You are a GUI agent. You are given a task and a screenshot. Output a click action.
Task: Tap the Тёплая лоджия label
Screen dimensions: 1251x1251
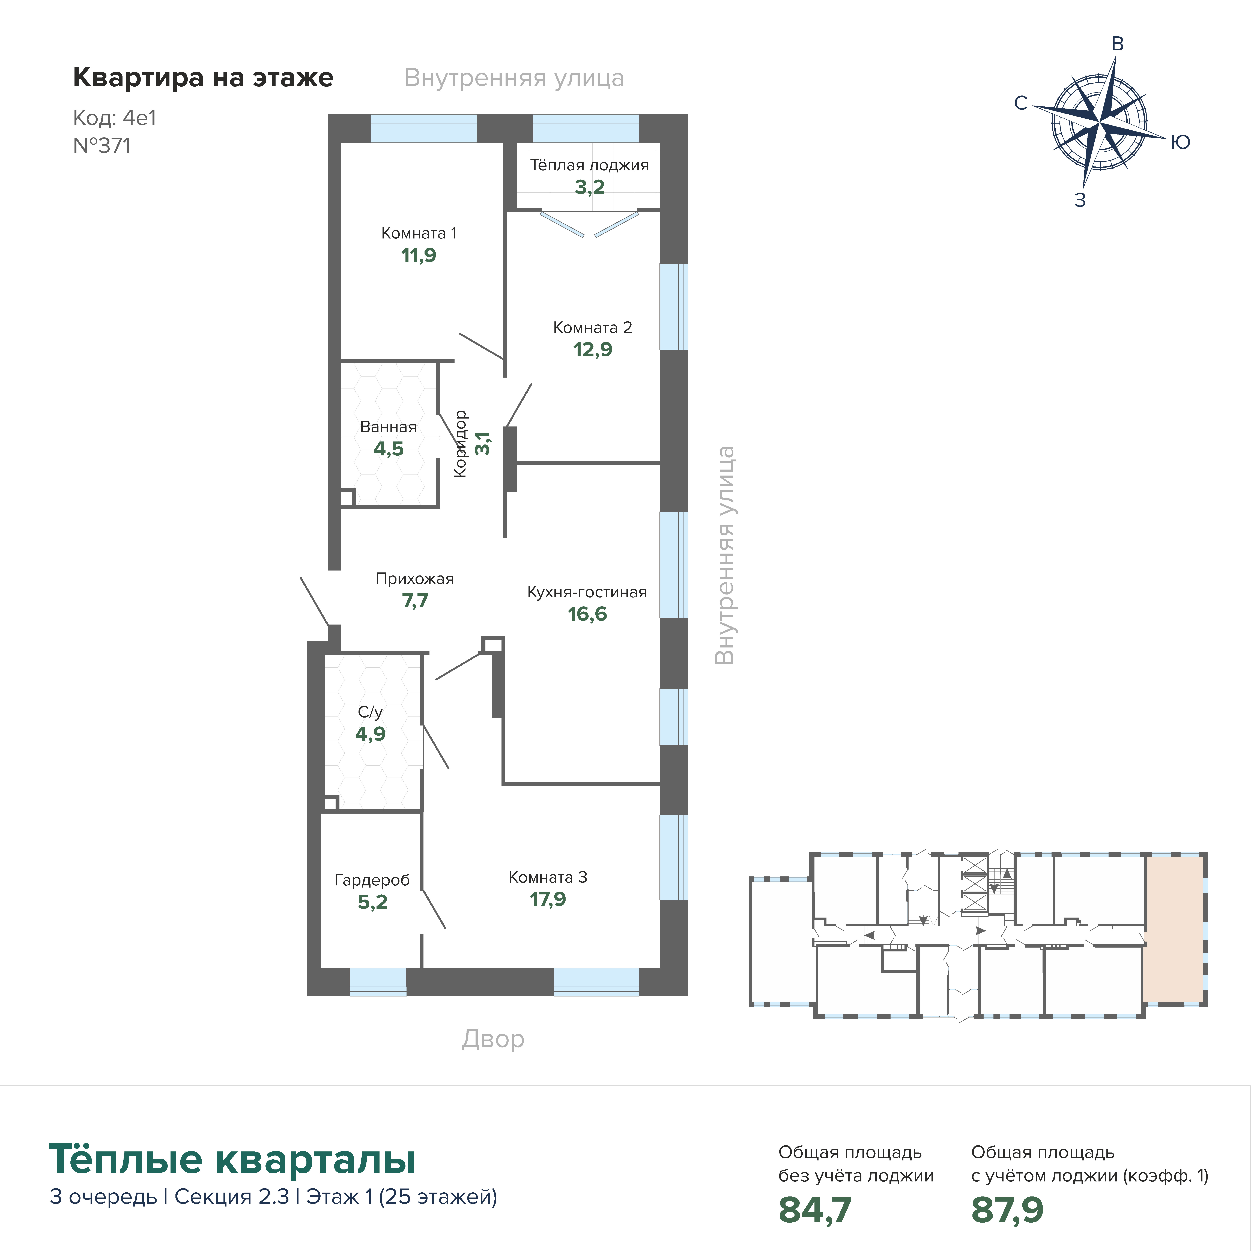pyautogui.click(x=589, y=165)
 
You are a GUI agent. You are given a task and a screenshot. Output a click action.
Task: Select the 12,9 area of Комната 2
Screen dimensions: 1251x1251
pyautogui.click(x=592, y=350)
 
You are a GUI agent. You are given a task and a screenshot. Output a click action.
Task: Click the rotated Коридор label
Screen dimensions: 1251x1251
pyautogui.click(x=460, y=444)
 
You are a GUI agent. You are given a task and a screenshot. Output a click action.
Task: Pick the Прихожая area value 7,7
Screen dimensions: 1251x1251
pyautogui.click(x=415, y=601)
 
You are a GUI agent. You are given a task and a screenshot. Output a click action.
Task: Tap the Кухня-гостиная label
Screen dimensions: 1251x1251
pyautogui.click(x=587, y=592)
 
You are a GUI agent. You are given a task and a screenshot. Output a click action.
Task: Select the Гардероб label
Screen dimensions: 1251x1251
pyautogui.click(x=372, y=880)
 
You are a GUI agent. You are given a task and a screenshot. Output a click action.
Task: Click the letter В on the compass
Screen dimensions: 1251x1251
pyautogui.click(x=1117, y=44)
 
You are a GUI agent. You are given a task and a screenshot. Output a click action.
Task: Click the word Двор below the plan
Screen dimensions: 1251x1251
pyautogui.click(x=493, y=1039)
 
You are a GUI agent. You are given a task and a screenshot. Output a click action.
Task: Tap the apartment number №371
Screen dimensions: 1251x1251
pyautogui.click(x=102, y=146)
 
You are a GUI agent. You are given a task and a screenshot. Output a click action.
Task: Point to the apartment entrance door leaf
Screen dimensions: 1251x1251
pyautogui.click(x=315, y=602)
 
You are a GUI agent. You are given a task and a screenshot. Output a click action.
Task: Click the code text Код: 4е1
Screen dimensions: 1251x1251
pyautogui.click(x=115, y=118)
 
